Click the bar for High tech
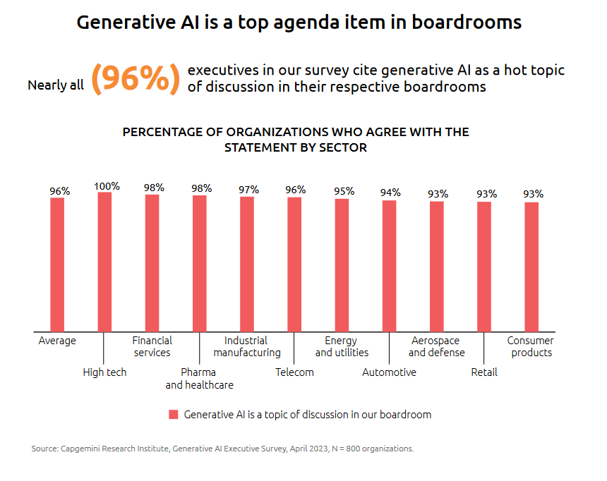click(104, 262)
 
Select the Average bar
click(57, 264)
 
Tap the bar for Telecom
click(294, 264)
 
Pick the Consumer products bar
click(531, 267)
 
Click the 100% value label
click(107, 186)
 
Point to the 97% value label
click(248, 190)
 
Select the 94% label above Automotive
click(390, 193)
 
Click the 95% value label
click(343, 191)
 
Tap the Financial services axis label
click(152, 346)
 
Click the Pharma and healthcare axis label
click(199, 378)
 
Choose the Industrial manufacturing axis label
click(247, 346)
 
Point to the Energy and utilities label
click(342, 346)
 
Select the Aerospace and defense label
click(436, 346)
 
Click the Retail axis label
click(484, 372)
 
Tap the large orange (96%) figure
click(136, 78)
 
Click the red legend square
click(173, 415)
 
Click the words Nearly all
click(56, 85)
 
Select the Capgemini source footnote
click(222, 449)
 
